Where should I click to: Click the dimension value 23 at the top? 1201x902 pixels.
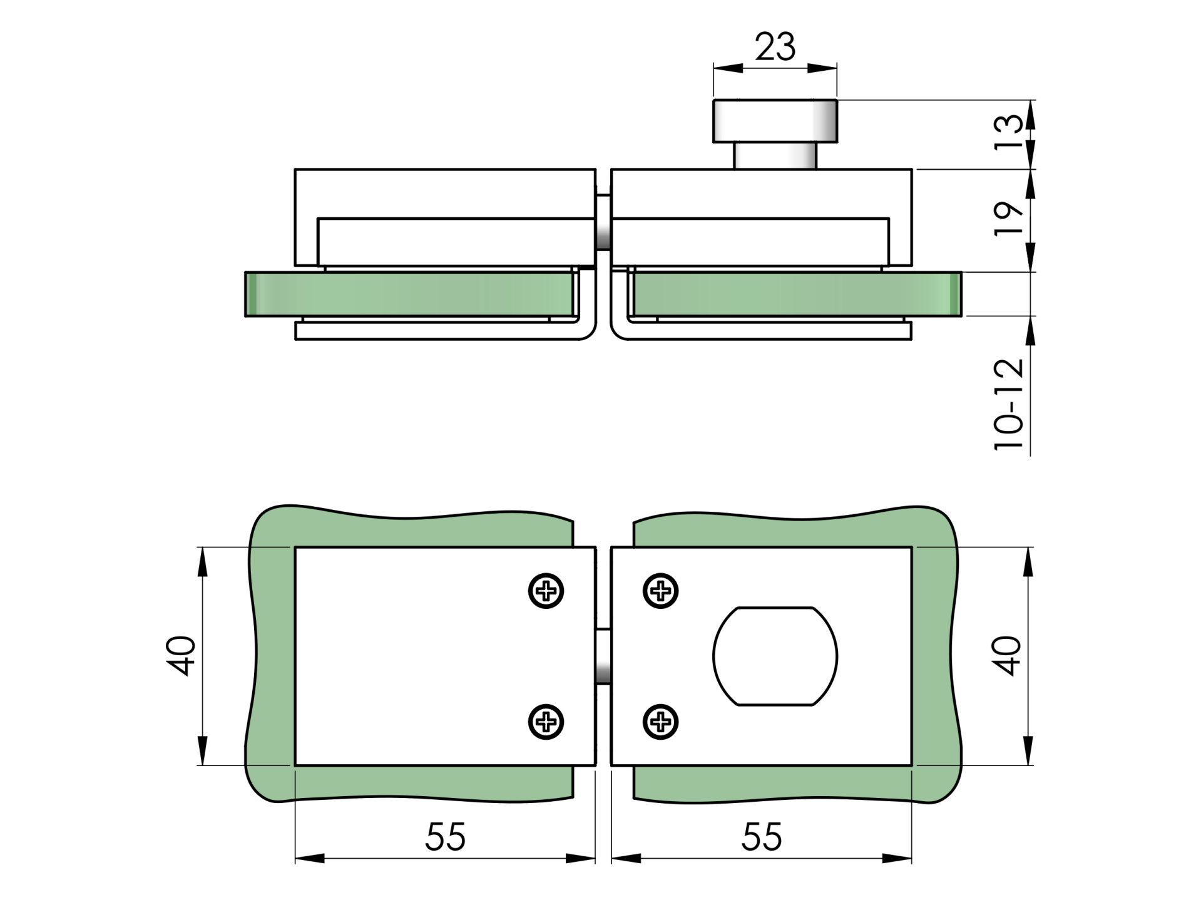[x=775, y=47]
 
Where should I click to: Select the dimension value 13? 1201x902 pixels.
[x=1009, y=133]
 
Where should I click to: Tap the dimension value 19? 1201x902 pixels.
[x=1009, y=219]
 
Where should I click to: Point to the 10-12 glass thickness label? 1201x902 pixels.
[x=1009, y=405]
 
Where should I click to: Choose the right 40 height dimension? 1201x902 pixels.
[x=1009, y=656]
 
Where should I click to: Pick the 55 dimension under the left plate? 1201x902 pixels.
[x=446, y=836]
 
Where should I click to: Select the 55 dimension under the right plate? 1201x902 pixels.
[x=762, y=836]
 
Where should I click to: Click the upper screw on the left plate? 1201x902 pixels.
[x=546, y=591]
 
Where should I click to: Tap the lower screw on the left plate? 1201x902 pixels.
[x=546, y=722]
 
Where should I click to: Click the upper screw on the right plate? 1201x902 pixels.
[x=661, y=591]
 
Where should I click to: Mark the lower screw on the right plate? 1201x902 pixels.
[x=661, y=722]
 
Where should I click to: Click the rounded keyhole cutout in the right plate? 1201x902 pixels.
[x=775, y=656]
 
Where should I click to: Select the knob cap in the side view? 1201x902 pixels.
[x=775, y=120]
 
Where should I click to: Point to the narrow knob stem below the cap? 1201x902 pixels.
[x=775, y=155]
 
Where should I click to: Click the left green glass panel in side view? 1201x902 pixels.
[x=407, y=294]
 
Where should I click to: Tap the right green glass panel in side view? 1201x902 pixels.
[x=795, y=294]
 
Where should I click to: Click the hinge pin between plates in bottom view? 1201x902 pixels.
[x=603, y=656]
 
